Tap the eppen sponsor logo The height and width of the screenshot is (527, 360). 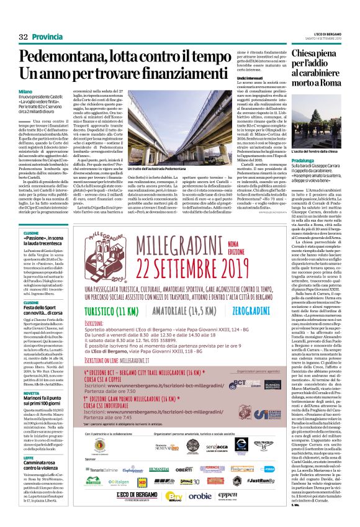click(x=228, y=495)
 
